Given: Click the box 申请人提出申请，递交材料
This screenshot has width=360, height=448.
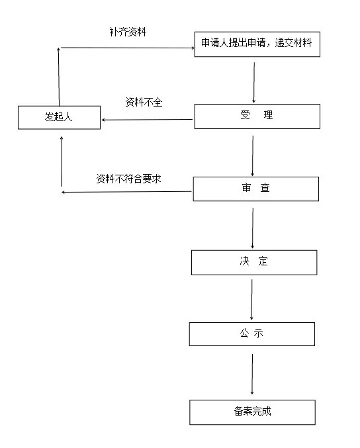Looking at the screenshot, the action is click(x=257, y=44).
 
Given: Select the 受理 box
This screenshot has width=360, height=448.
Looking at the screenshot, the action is click(x=257, y=116).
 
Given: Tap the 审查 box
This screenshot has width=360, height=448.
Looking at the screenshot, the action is click(x=255, y=189).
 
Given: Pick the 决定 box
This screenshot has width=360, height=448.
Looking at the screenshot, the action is click(x=254, y=263).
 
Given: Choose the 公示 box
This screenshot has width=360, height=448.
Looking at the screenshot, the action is click(x=251, y=334).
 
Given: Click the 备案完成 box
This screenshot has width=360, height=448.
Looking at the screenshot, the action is click(x=252, y=412).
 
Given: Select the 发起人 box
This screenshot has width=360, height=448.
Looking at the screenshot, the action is click(x=59, y=117).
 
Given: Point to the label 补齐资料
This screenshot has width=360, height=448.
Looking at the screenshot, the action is click(x=128, y=32).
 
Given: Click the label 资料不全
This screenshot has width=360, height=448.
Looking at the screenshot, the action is click(x=144, y=102).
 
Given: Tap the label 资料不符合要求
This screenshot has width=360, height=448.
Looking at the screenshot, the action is click(x=128, y=179).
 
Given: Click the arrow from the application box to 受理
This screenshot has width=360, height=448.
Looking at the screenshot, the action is click(x=253, y=83).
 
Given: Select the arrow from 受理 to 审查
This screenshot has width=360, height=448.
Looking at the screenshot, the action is click(x=253, y=156).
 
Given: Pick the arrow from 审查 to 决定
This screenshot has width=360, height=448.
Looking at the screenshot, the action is click(x=253, y=228).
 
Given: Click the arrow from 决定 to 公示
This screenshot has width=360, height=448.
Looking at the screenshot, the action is click(x=251, y=299).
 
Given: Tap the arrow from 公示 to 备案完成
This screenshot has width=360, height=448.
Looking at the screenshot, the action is click(x=252, y=375).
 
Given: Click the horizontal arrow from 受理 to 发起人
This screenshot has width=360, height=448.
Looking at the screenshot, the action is click(x=147, y=120).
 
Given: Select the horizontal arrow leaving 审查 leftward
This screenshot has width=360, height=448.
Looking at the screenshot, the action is click(x=126, y=192).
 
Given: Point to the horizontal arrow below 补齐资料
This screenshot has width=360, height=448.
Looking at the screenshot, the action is click(x=128, y=48).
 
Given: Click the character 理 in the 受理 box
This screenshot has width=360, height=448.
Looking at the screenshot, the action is click(x=268, y=115).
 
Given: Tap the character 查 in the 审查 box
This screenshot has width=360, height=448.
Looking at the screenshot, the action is click(x=265, y=187).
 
